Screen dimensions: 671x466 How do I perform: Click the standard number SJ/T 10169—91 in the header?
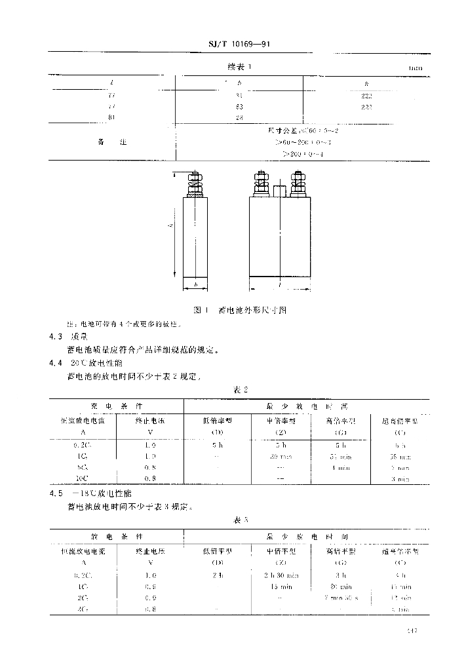pos(239,45)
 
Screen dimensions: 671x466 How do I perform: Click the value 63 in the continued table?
pos(239,107)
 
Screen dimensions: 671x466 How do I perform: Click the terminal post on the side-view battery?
pos(195,185)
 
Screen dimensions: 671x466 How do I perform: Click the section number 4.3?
pos(55,337)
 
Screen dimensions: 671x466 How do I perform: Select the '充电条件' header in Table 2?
pos(115,406)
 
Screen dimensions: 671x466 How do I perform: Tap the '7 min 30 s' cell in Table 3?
pos(341,598)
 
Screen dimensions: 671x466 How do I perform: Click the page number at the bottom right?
pos(412,631)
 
